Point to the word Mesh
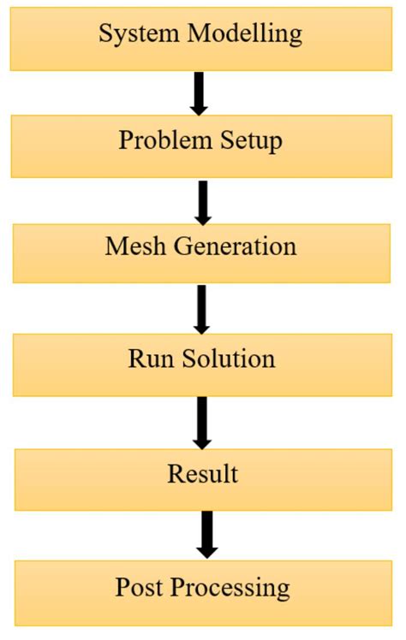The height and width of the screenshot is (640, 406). coord(133,246)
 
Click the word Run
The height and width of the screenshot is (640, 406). coord(147,359)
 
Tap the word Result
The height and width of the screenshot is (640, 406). coord(203,473)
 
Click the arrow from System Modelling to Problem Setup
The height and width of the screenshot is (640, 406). coord(199,92)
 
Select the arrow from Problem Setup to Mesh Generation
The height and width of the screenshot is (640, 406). coord(202,200)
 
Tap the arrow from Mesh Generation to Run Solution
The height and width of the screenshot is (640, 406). coord(201,308)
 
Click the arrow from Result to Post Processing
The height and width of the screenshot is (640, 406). coord(206,533)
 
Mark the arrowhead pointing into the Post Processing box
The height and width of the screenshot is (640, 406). coord(206,548)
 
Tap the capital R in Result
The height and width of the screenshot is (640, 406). coord(176,473)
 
